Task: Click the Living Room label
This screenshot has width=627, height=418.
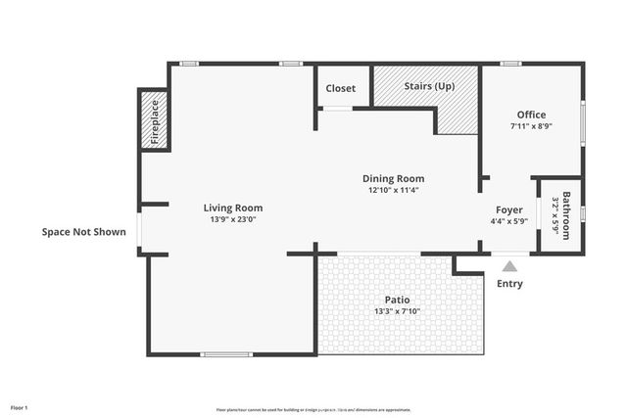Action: click(232, 208)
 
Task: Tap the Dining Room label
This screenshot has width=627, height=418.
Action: click(393, 178)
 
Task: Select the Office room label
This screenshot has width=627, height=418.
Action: click(531, 115)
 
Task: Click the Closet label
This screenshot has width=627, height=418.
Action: click(341, 88)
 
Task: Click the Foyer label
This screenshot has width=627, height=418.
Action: click(508, 208)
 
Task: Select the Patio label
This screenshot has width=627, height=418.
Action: click(397, 300)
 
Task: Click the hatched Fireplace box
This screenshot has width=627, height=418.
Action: click(154, 119)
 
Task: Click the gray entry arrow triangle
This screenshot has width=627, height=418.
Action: click(508, 265)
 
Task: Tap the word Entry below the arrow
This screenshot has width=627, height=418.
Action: click(509, 284)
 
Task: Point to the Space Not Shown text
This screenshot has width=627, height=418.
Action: click(83, 232)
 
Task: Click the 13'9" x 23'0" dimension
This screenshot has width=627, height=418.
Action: click(232, 220)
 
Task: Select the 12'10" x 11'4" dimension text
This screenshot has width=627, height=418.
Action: click(393, 191)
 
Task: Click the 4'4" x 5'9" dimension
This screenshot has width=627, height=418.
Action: click(508, 220)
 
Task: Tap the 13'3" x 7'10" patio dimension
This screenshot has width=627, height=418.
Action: click(397, 312)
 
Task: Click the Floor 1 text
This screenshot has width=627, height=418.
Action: click(20, 406)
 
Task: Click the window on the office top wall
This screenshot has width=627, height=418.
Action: click(510, 64)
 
